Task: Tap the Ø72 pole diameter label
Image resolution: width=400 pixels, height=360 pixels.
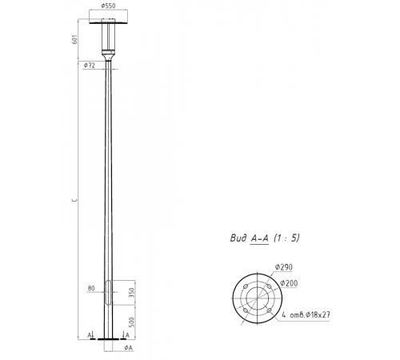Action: pos(89,66)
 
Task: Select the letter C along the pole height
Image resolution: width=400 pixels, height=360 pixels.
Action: pos(74,202)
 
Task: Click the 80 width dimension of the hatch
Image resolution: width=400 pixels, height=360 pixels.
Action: pos(91,287)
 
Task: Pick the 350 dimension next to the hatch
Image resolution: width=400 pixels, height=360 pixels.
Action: pos(131,294)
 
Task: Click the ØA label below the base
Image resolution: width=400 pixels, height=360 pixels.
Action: pos(128,349)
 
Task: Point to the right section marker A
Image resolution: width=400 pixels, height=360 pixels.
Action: pos(128,334)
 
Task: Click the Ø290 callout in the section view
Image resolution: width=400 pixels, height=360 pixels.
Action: pos(282,266)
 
